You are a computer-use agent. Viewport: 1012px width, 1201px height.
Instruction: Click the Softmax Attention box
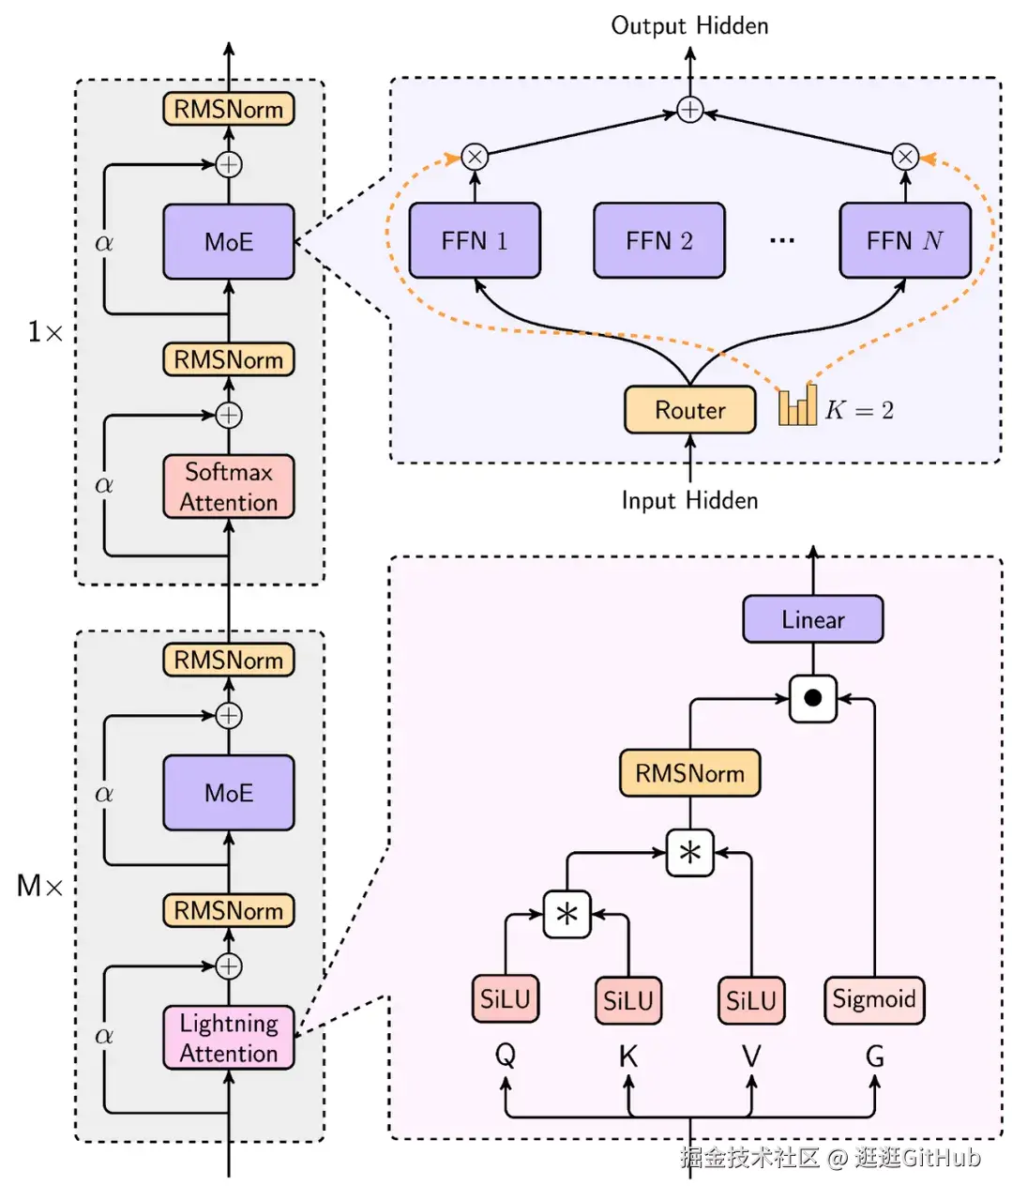pyautogui.click(x=228, y=486)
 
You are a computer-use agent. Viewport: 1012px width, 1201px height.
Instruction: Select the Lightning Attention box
pyautogui.click(x=228, y=1037)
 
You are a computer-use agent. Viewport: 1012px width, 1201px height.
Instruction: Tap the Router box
pyautogui.click(x=689, y=410)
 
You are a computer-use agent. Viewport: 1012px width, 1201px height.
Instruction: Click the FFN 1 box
pyautogui.click(x=475, y=241)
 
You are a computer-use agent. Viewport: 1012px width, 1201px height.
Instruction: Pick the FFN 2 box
pyautogui.click(x=658, y=241)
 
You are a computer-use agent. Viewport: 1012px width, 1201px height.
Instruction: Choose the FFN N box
pyautogui.click(x=904, y=241)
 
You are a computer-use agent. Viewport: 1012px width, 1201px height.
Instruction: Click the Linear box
pyautogui.click(x=812, y=619)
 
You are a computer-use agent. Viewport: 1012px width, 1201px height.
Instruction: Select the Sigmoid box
pyautogui.click(x=873, y=999)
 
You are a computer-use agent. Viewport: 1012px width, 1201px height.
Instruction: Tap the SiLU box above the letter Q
pyautogui.click(x=505, y=999)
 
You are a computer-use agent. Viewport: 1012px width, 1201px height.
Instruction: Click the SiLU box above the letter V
pyautogui.click(x=750, y=1000)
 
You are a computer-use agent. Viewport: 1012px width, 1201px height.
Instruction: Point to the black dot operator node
pyautogui.click(x=812, y=699)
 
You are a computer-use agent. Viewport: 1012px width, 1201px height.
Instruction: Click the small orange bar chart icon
pyautogui.click(x=797, y=405)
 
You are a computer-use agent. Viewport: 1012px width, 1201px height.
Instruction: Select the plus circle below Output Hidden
pyautogui.click(x=689, y=110)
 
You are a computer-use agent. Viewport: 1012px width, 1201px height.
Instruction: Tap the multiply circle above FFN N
pyautogui.click(x=904, y=156)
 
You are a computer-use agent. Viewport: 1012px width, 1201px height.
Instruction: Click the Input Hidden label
pyautogui.click(x=689, y=500)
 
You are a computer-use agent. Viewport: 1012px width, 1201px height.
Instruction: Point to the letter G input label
pyautogui.click(x=874, y=1057)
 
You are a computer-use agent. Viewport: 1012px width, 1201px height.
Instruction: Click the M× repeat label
pyautogui.click(x=39, y=885)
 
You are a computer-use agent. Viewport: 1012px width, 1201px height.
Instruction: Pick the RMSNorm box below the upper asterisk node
pyautogui.click(x=689, y=773)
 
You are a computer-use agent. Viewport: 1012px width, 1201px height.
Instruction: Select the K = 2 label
pyautogui.click(x=859, y=410)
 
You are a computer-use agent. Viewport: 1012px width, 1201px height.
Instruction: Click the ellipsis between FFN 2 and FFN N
pyautogui.click(x=781, y=241)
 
